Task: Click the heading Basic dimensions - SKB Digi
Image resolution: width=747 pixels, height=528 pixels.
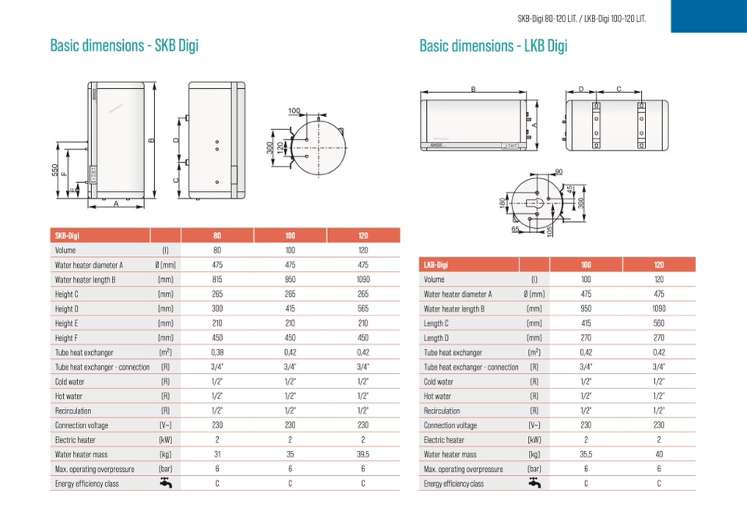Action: (x=125, y=46)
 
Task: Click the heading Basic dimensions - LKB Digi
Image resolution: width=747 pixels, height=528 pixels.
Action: (x=494, y=46)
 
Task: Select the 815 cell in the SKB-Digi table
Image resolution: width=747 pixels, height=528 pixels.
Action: (x=217, y=280)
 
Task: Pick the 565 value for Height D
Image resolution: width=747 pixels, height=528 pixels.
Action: (x=363, y=308)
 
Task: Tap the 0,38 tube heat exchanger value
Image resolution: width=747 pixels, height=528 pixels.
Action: (x=217, y=352)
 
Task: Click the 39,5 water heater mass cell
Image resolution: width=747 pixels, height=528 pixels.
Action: (x=363, y=454)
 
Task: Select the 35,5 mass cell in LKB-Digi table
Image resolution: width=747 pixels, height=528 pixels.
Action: (x=586, y=454)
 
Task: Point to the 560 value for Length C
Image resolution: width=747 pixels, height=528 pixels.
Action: (x=659, y=323)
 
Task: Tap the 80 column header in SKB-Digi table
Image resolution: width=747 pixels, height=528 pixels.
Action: (x=217, y=236)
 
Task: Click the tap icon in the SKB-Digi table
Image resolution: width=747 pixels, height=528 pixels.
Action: (x=166, y=483)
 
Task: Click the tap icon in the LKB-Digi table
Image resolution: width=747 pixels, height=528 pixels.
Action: (x=534, y=483)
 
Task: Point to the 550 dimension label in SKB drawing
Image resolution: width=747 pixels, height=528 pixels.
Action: (x=55, y=170)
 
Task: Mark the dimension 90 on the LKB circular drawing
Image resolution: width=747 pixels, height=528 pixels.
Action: (x=558, y=172)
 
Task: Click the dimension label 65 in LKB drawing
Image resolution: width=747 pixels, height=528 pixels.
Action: (x=515, y=230)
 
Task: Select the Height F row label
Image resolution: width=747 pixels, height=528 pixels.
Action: (x=66, y=338)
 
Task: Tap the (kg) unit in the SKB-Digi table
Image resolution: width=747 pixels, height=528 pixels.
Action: (x=166, y=455)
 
